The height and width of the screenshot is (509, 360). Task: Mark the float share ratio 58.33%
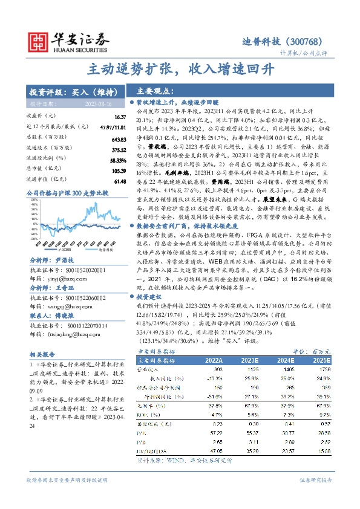(117, 160)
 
